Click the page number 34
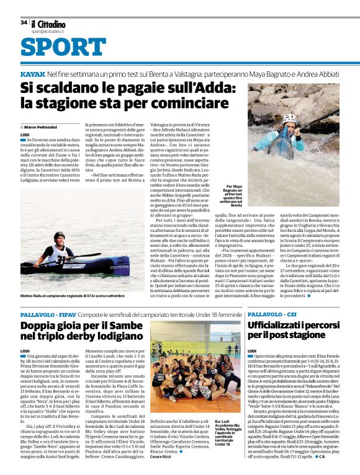[x=24, y=22]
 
